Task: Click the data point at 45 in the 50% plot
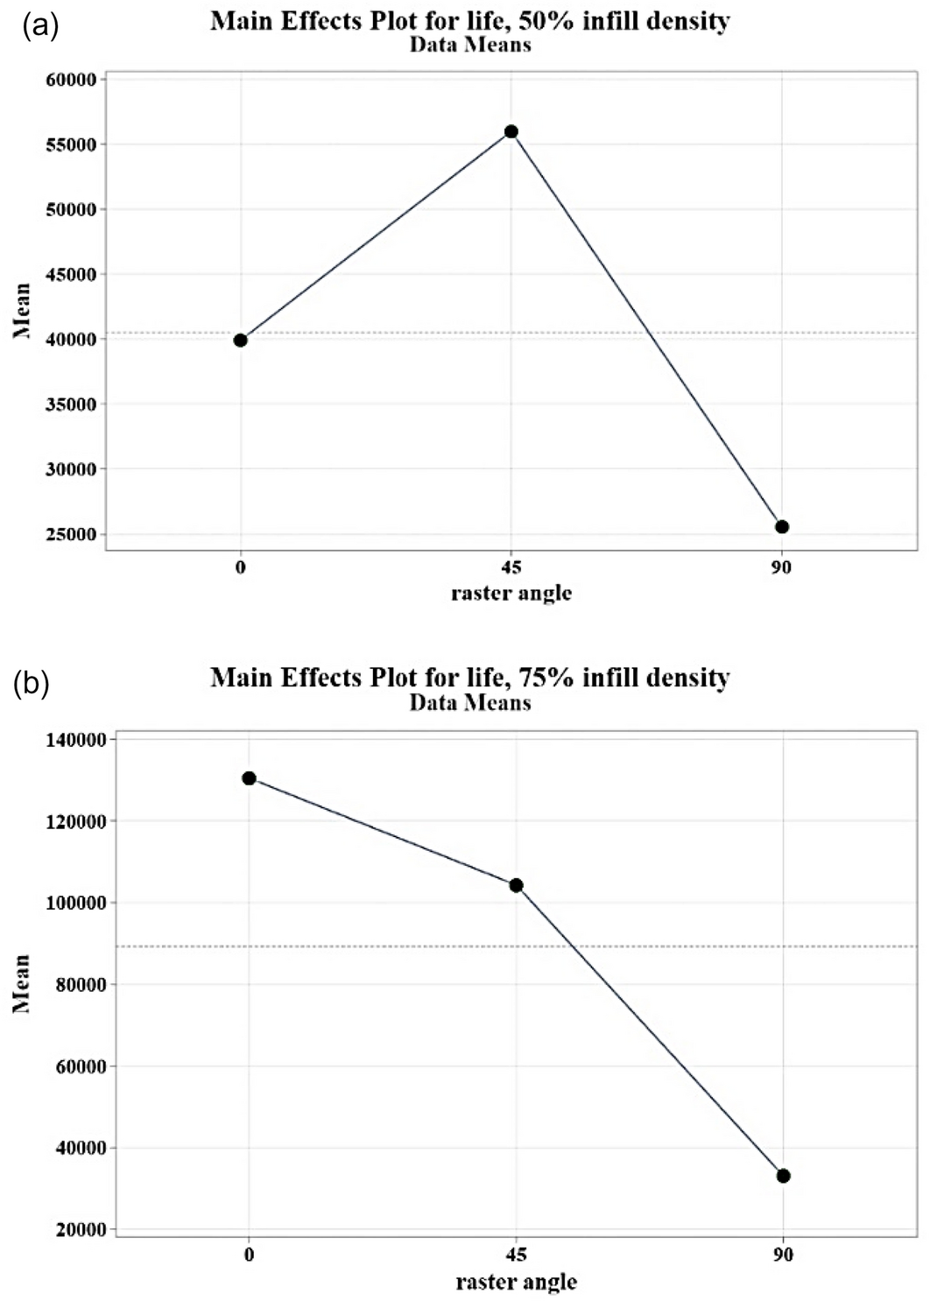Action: click(x=511, y=131)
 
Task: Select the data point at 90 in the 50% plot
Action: click(x=782, y=526)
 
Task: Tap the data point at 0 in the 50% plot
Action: click(x=241, y=340)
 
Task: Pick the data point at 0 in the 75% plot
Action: click(x=250, y=777)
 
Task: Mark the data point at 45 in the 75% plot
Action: click(x=516, y=885)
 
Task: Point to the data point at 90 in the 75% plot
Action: click(x=784, y=1175)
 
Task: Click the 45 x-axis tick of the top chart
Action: click(x=511, y=567)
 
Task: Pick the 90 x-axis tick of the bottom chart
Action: click(x=784, y=1255)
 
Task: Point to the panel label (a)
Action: click(x=40, y=26)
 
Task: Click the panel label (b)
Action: click(x=31, y=684)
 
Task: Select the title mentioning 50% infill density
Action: click(x=469, y=20)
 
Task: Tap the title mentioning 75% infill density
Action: click(x=469, y=677)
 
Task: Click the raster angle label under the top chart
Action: click(x=511, y=594)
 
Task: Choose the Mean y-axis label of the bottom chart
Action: click(x=21, y=983)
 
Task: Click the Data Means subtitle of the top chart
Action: click(x=469, y=44)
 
